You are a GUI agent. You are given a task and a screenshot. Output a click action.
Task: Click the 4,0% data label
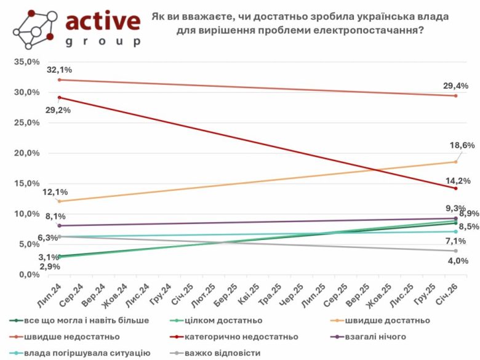(456, 260)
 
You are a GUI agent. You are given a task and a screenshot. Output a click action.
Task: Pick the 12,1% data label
(55, 192)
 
